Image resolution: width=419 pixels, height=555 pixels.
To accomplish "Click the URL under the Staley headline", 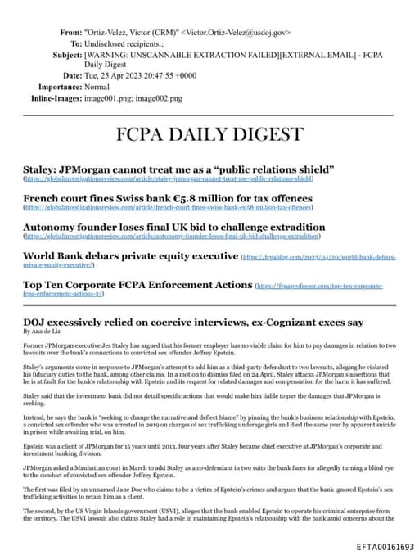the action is point(169,178).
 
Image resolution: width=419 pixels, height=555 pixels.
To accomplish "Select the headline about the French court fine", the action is point(168,198).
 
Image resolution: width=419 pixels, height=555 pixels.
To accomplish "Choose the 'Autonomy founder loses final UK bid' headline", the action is point(173,227).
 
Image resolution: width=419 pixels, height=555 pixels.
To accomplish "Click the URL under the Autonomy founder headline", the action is point(172,236).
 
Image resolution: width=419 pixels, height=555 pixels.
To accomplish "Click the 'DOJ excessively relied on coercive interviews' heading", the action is point(193,322).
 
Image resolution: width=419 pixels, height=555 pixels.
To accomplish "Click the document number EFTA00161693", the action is point(385,546).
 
